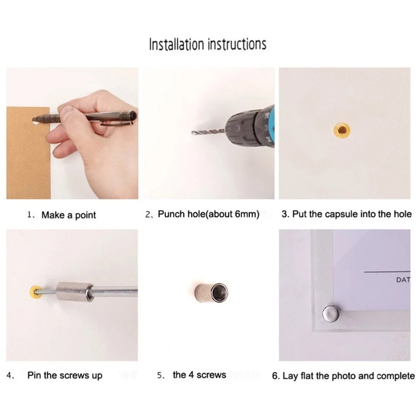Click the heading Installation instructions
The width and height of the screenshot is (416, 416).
pyautogui.click(x=208, y=45)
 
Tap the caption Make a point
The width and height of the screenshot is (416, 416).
pyautogui.click(x=69, y=215)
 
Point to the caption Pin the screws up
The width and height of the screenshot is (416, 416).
pyautogui.click(x=65, y=375)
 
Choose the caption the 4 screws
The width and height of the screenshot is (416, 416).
pyautogui.click(x=199, y=375)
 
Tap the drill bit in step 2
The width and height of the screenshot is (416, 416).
pyautogui.click(x=208, y=131)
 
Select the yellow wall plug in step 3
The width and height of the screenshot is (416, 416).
pyautogui.click(x=342, y=130)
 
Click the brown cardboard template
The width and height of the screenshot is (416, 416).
pyautogui.click(x=28, y=153)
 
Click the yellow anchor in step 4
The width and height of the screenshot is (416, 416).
pyautogui.click(x=35, y=292)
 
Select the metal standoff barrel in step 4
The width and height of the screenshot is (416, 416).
pyautogui.click(x=75, y=291)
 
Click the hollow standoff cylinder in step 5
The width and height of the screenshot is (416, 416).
pyautogui.click(x=211, y=292)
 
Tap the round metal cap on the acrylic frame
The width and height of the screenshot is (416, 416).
pyautogui.click(x=331, y=314)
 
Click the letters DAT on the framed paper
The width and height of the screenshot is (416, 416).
pyautogui.click(x=403, y=280)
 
